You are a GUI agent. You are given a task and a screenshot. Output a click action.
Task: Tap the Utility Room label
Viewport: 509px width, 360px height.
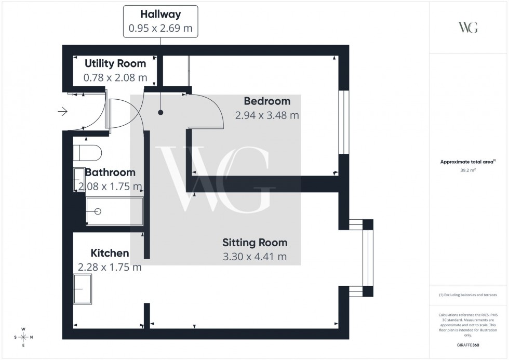pos(115,63)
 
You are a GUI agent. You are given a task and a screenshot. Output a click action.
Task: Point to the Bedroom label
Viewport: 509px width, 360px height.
pos(267,101)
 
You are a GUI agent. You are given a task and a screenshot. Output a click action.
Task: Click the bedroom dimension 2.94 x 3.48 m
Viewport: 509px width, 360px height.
pos(267,115)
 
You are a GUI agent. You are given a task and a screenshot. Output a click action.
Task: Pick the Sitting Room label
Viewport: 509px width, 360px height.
pos(254,242)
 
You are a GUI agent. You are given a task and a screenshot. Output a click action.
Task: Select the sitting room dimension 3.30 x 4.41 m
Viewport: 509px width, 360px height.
pos(254,257)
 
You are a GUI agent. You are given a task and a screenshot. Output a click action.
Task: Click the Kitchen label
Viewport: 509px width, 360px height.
pos(110,253)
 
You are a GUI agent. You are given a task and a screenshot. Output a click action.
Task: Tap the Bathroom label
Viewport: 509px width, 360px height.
pos(110,172)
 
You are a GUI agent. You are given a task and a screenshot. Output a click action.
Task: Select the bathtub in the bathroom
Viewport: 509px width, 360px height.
pos(114,211)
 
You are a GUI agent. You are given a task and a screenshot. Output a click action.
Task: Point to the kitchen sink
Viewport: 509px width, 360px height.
pos(83,289)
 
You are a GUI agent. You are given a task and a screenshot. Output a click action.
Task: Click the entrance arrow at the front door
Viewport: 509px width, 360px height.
pos(63,111)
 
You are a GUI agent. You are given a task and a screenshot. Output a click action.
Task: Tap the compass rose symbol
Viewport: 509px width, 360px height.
pos(23,337)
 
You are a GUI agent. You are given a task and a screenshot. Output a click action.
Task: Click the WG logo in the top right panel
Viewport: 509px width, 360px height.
pos(468,28)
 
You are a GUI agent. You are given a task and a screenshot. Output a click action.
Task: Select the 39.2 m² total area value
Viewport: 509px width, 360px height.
pos(468,169)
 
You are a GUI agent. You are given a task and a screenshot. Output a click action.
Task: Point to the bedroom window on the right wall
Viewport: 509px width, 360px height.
pos(342,123)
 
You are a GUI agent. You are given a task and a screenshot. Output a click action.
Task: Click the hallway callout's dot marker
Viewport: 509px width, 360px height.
pos(161,112)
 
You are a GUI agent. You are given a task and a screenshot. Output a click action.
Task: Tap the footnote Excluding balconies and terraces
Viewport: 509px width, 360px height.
pos(468,295)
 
